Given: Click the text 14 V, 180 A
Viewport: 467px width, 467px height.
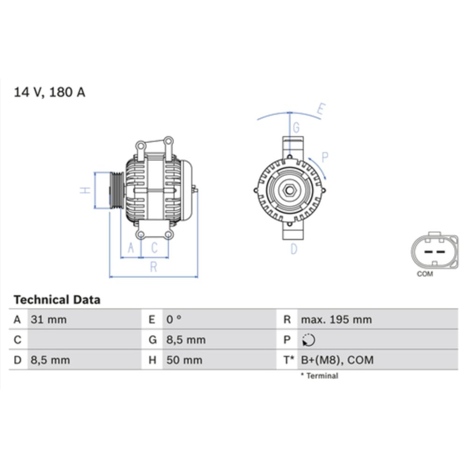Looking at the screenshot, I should click(x=50, y=92).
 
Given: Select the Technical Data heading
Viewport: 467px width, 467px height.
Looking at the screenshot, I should click(x=57, y=299).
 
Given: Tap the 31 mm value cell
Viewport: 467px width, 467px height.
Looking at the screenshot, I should click(x=49, y=320).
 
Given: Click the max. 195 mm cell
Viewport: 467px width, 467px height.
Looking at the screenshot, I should click(x=336, y=320).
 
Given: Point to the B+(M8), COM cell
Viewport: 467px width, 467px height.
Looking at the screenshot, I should click(x=337, y=360).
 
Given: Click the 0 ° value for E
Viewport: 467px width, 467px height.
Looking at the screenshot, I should click(x=174, y=320).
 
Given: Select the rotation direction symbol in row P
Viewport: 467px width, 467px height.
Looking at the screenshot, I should click(x=308, y=340).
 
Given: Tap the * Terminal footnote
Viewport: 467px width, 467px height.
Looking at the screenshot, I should click(x=319, y=375).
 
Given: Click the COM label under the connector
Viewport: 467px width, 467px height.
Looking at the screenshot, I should click(x=425, y=274).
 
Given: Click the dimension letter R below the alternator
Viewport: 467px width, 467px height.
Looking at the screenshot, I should click(x=153, y=267).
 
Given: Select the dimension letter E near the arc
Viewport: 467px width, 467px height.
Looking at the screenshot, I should click(x=320, y=109).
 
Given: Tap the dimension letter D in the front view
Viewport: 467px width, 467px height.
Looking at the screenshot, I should click(x=294, y=249).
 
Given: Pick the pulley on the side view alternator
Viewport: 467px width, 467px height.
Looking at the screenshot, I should click(x=115, y=190).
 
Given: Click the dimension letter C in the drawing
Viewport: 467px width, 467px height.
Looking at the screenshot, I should click(x=154, y=248).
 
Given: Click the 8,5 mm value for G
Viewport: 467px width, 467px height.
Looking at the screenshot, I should click(x=186, y=340).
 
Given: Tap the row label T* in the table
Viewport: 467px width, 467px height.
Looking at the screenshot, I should click(x=289, y=360).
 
